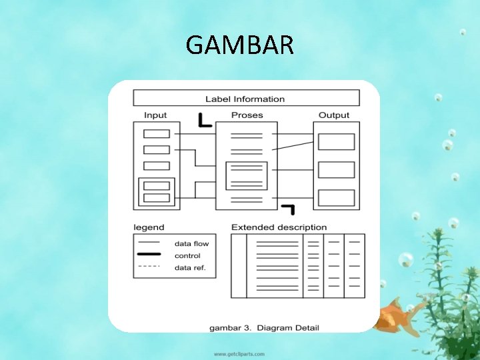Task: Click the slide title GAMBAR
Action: tap(239, 45)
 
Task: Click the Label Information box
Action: tap(246, 99)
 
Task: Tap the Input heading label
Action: tap(155, 115)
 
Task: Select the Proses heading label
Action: tap(247, 115)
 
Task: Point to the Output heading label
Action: tap(334, 115)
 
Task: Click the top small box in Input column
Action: tap(157, 133)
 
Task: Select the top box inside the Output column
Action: tap(336, 142)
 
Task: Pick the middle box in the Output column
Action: tap(336, 170)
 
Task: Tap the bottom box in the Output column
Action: tap(336, 198)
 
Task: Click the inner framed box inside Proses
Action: tap(247, 176)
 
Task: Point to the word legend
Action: tap(149, 227)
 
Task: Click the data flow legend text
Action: tap(191, 243)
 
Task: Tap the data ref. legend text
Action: tap(190, 268)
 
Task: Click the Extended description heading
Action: tap(279, 227)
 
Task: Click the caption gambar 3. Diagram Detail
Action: tap(264, 327)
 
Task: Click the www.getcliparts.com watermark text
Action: tap(239, 353)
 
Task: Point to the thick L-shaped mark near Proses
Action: tap(205, 121)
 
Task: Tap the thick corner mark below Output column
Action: tap(289, 209)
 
